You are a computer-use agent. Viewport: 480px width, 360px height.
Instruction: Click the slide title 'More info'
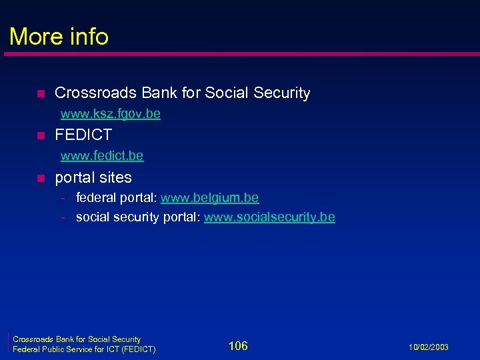(59, 36)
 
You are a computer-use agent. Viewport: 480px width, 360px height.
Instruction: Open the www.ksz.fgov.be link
(110, 114)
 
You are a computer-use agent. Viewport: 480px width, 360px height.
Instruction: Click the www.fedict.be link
(101, 156)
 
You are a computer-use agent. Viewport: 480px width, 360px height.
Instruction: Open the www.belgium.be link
(209, 198)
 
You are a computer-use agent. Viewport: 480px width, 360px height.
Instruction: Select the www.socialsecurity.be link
(269, 217)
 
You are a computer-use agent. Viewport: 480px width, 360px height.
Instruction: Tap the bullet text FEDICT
(83, 135)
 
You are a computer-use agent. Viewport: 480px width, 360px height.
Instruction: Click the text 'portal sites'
(93, 178)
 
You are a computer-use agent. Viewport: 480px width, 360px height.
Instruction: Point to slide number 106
(238, 345)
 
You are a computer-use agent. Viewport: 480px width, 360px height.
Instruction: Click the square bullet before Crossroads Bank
(40, 93)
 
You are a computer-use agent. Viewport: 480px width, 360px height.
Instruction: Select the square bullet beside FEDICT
(40, 136)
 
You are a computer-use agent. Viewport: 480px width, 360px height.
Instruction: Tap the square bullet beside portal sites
(40, 179)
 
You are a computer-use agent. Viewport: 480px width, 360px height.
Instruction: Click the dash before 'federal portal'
(62, 199)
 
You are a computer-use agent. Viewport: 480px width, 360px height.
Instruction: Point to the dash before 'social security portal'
(62, 218)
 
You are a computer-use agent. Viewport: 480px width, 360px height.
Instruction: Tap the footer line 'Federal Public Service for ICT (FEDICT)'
(85, 349)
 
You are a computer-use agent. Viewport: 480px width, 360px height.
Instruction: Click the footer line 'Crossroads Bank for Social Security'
(77, 339)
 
